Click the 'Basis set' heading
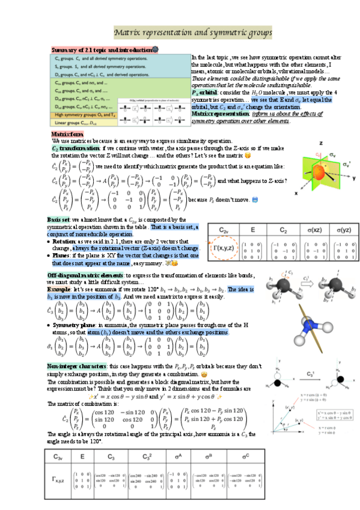pyautogui.click(x=58, y=220)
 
